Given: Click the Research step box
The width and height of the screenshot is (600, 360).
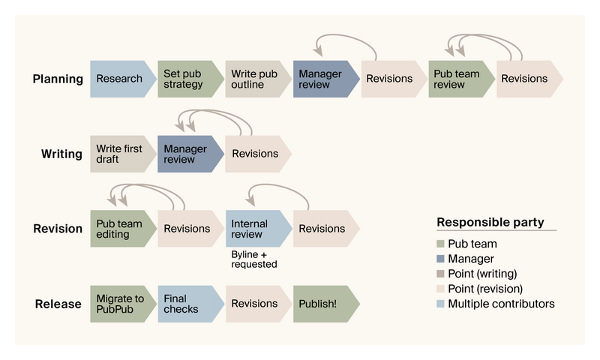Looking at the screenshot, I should [x=120, y=79].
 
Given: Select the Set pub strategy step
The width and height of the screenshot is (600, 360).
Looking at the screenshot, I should [x=187, y=79].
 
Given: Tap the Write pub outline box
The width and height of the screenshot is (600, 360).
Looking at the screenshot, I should [x=255, y=79].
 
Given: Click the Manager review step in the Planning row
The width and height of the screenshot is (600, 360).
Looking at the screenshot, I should [x=322, y=79].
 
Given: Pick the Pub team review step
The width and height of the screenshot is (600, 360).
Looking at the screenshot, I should [x=459, y=79].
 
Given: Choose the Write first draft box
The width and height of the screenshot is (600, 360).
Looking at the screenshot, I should [x=120, y=154].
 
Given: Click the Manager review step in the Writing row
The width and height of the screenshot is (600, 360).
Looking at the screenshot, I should [x=187, y=154].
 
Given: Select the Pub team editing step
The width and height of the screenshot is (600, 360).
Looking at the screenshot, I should [x=120, y=229].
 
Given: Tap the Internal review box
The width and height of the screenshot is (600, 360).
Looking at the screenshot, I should [x=255, y=229].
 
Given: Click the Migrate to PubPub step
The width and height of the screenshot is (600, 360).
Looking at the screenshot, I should [x=120, y=304].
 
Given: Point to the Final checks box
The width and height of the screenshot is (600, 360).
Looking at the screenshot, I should [x=187, y=304].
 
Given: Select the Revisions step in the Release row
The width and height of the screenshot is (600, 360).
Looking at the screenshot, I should [x=255, y=304].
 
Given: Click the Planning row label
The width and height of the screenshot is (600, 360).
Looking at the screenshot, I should [x=58, y=79].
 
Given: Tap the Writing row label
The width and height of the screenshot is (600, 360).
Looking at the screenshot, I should [x=61, y=154].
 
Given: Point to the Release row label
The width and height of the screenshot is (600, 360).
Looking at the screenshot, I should [x=58, y=304].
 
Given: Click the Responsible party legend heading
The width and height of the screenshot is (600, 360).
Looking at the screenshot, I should [x=490, y=223].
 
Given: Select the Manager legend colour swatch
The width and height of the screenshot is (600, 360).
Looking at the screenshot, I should [x=441, y=259].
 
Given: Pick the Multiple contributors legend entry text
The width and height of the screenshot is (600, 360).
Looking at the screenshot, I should [x=501, y=304].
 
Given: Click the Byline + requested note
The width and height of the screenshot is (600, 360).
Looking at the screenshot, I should [x=253, y=259].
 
